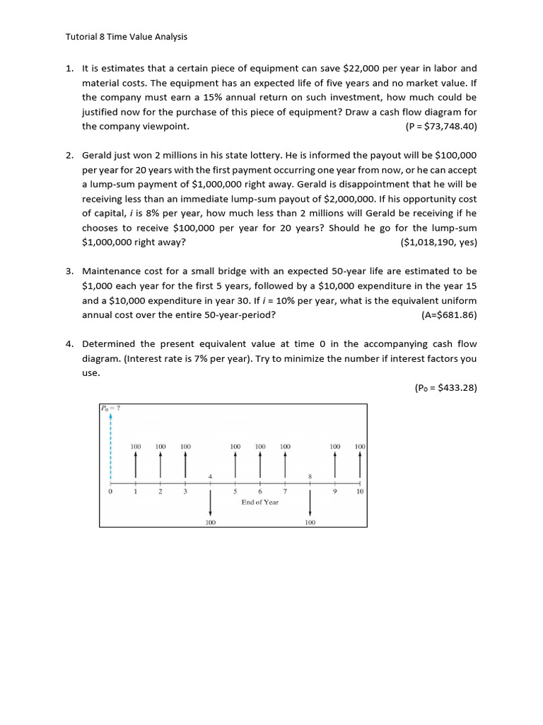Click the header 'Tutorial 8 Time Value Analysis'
pos(127,37)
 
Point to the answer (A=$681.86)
pos(448,314)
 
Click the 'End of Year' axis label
pos(260,502)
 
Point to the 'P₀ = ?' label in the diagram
pos(111,408)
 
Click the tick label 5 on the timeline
pos(235,491)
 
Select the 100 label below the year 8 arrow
pos(310,523)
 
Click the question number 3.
pos(69,271)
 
